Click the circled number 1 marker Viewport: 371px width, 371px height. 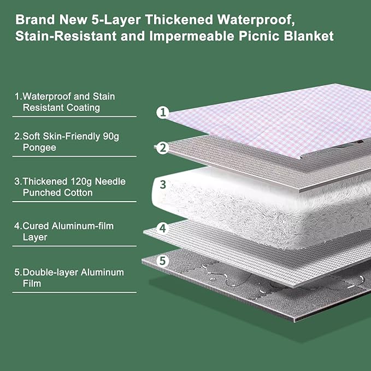pos(162,113)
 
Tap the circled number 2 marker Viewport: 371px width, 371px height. pos(162,148)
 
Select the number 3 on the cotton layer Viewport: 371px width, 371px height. pos(162,184)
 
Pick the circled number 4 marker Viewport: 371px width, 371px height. pos(162,227)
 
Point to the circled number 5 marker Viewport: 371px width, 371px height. pos(162,261)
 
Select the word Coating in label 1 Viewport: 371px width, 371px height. pos(81,108)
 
